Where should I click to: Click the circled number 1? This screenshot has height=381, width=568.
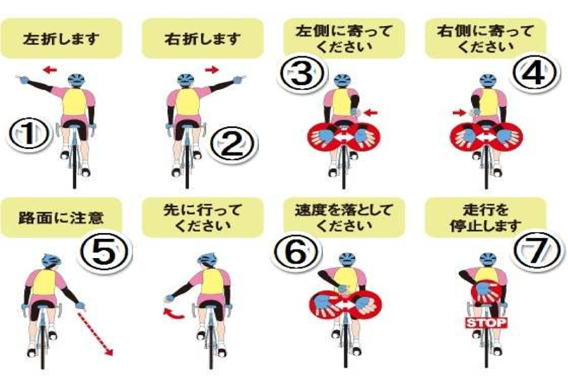click(29, 134)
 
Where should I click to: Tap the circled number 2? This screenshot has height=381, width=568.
click(232, 143)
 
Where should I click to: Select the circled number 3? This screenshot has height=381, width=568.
click(302, 74)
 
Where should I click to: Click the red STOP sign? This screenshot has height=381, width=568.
click(486, 322)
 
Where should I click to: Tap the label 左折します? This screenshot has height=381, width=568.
click(61, 39)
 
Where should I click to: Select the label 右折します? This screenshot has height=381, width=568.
click(202, 39)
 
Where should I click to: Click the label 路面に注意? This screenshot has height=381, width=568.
click(61, 218)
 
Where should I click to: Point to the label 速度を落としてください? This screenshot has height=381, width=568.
click(344, 218)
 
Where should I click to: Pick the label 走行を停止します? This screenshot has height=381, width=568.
click(485, 218)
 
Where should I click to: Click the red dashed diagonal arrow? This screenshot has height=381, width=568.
click(95, 334)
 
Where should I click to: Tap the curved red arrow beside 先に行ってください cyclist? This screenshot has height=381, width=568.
click(174, 314)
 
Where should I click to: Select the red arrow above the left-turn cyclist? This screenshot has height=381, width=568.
click(50, 69)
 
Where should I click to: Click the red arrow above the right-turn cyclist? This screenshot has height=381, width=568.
click(212, 69)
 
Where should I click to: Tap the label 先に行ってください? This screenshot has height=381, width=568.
click(202, 218)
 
